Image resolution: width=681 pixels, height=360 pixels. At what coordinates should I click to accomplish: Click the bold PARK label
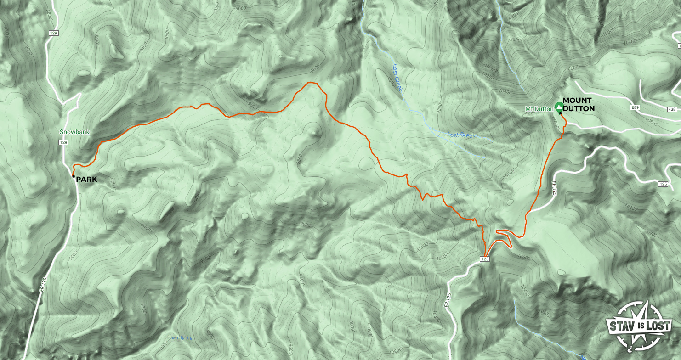coord(86,179)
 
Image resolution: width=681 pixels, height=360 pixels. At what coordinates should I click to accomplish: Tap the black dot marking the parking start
coord(74,176)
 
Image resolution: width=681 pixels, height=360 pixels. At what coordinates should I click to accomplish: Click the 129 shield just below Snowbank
coord(63,143)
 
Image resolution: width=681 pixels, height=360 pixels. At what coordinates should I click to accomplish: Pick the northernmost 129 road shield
coord(54,33)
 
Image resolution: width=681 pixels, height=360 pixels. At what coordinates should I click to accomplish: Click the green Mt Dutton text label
coord(539,109)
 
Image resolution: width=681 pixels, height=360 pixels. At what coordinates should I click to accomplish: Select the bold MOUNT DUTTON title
coord(579,105)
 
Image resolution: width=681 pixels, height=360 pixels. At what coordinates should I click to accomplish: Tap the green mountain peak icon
coord(559,107)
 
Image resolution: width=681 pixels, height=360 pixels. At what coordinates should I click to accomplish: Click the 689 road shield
coord(635,107)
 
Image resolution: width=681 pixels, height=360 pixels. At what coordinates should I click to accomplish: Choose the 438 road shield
coord(672,109)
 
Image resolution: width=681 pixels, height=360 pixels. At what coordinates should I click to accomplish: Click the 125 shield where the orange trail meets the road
coord(486,259)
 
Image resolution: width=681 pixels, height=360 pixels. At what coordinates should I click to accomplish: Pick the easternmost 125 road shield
coord(663,184)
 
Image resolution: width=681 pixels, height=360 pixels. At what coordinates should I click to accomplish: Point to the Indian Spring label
coord(179,338)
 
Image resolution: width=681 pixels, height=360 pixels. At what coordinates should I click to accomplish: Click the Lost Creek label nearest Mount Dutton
coord(461,135)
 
